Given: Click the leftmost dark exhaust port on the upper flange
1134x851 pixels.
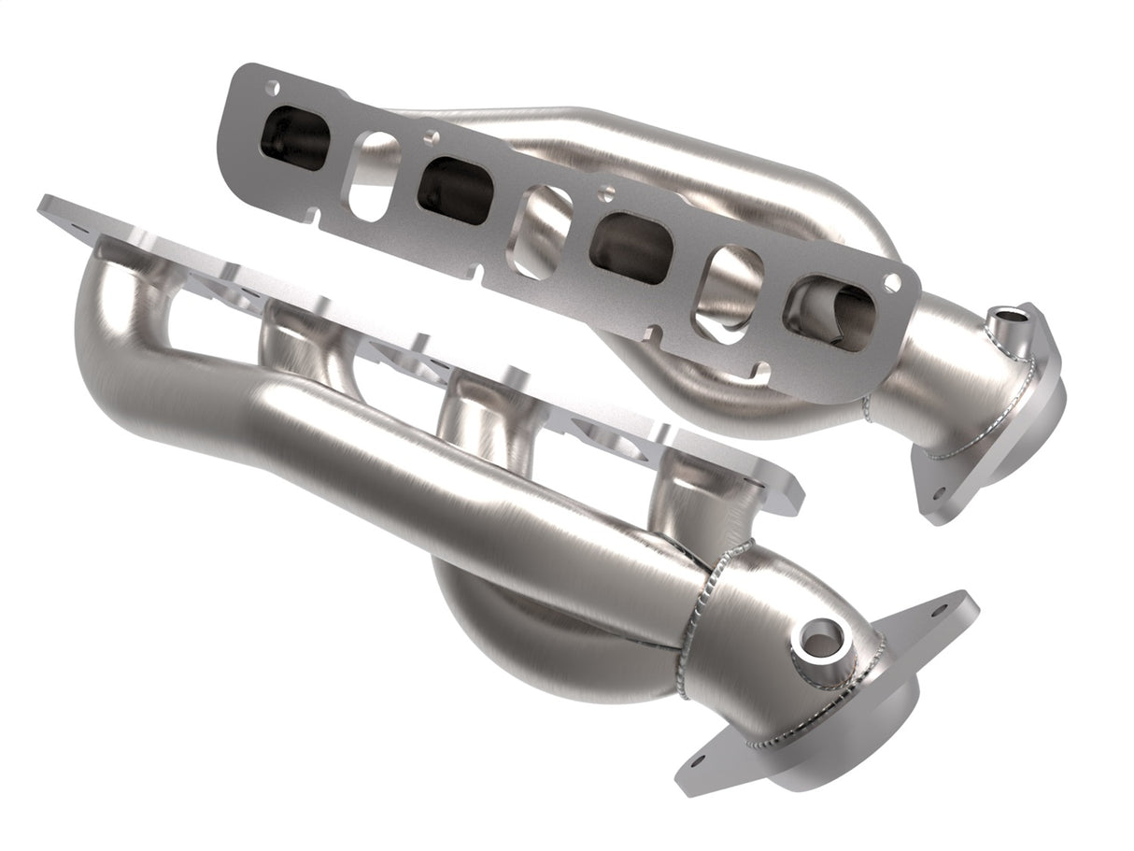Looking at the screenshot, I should pos(297,140).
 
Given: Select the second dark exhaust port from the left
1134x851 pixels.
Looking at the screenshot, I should pos(455,190).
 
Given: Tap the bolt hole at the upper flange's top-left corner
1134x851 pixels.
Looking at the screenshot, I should pos(272,89).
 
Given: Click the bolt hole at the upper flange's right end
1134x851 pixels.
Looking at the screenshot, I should pos(892,280).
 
